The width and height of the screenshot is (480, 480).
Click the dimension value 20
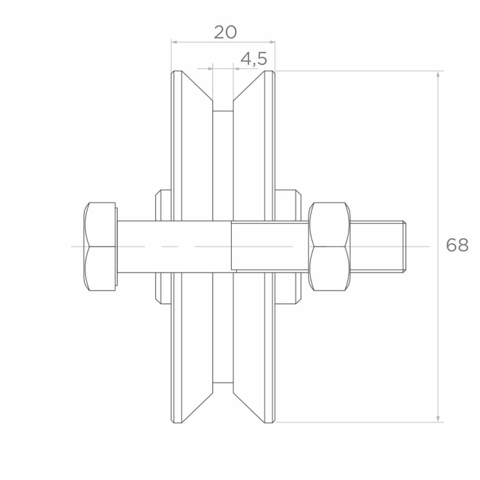(225, 33)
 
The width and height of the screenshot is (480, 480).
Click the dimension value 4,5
(254, 59)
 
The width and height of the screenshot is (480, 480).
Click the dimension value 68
(457, 245)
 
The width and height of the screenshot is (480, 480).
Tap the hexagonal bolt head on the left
(100, 246)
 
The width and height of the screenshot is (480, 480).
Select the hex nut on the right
(329, 246)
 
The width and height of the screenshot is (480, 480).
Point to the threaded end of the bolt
(378, 247)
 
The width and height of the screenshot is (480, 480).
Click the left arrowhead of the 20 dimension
(174, 42)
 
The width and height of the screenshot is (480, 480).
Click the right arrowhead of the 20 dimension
(272, 42)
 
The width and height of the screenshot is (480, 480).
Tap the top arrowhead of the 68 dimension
(438, 74)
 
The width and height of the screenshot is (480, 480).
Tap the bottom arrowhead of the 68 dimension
(438, 419)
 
